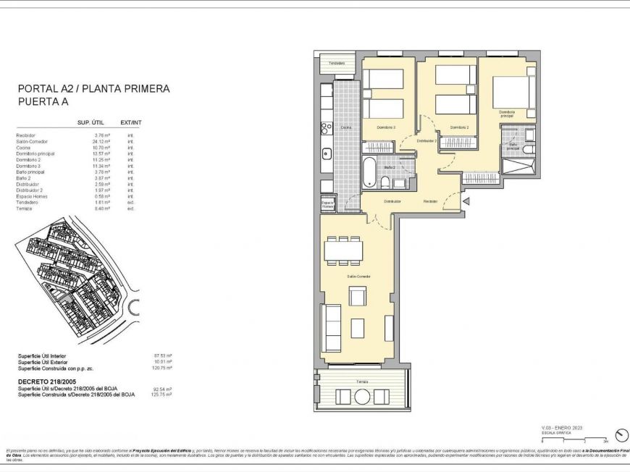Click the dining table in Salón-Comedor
coord(344,250)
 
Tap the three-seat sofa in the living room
coord(332,327)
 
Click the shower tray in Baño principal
coord(519,166)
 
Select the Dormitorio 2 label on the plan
coord(460,127)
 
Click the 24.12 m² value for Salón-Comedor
coord(102,142)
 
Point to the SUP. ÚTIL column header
coord(92,123)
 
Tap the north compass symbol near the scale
coord(620,435)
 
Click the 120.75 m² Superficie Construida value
coord(161,368)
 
